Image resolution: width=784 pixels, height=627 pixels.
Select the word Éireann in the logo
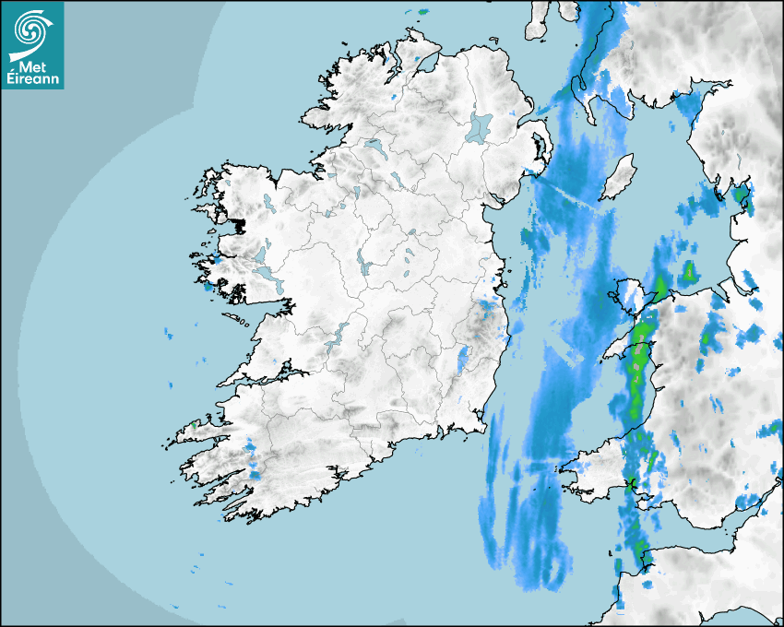pyautogui.click(x=34, y=79)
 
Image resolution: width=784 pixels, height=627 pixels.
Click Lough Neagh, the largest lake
pyautogui.click(x=481, y=126)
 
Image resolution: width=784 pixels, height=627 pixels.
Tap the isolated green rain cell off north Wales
pyautogui.click(x=688, y=272)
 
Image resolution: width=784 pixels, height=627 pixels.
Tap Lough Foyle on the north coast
pyautogui.click(x=425, y=63)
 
